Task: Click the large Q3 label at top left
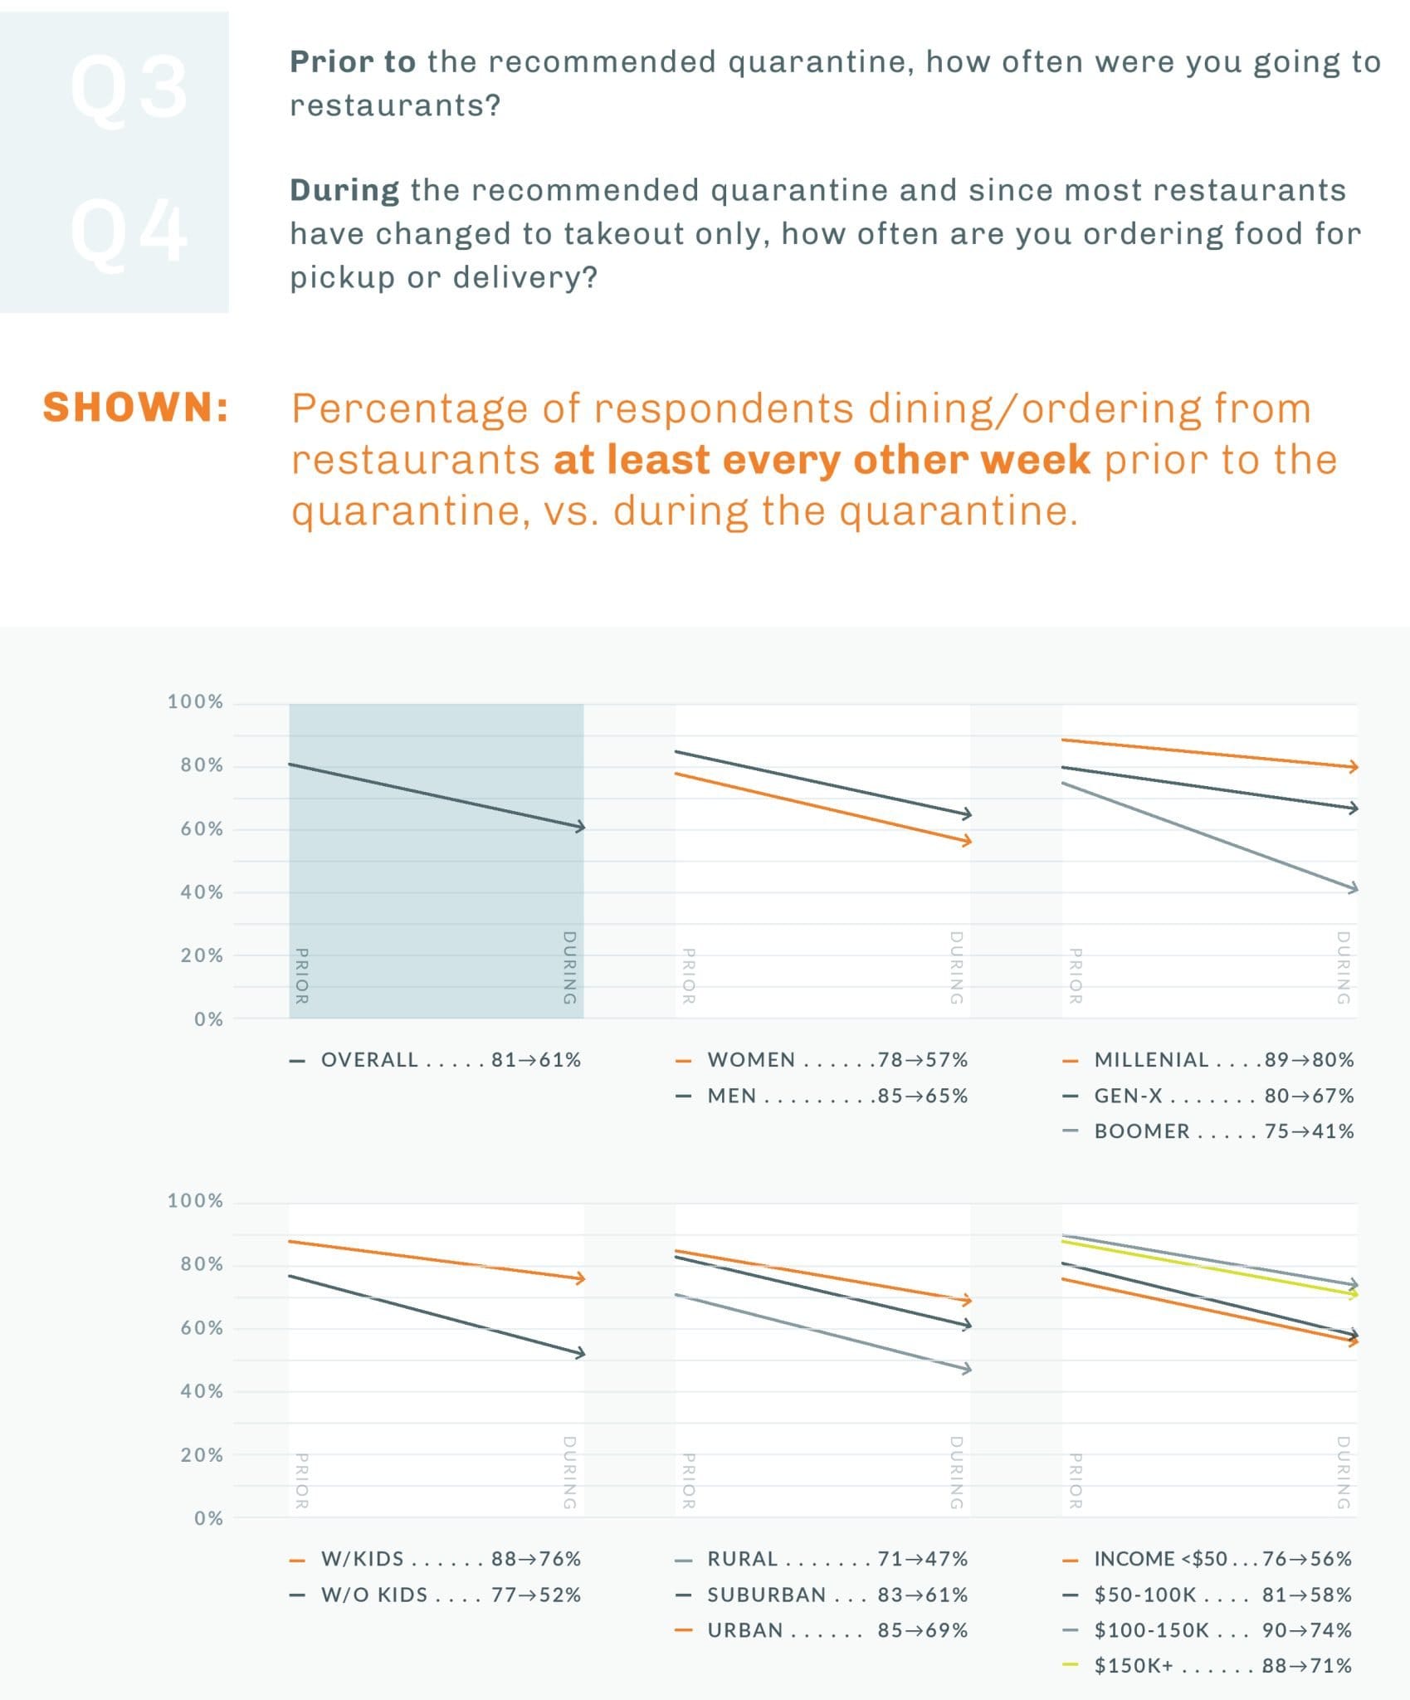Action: [129, 88]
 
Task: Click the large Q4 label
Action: [129, 233]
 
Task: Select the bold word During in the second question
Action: [344, 191]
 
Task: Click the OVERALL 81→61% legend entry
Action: [437, 1060]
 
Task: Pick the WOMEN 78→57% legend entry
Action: [822, 1060]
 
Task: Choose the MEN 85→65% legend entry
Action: [822, 1096]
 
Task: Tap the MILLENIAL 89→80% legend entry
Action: [1208, 1060]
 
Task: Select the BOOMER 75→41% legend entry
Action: [1208, 1131]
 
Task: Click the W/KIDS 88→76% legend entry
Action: [437, 1559]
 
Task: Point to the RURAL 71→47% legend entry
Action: [822, 1559]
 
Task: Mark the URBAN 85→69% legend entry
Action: [822, 1630]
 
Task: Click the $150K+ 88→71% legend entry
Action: [1208, 1666]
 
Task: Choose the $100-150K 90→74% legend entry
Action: [1208, 1630]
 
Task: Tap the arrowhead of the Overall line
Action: [579, 827]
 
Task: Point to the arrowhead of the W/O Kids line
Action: [579, 1353]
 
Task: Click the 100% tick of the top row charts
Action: [195, 702]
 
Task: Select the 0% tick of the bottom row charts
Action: [208, 1519]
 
